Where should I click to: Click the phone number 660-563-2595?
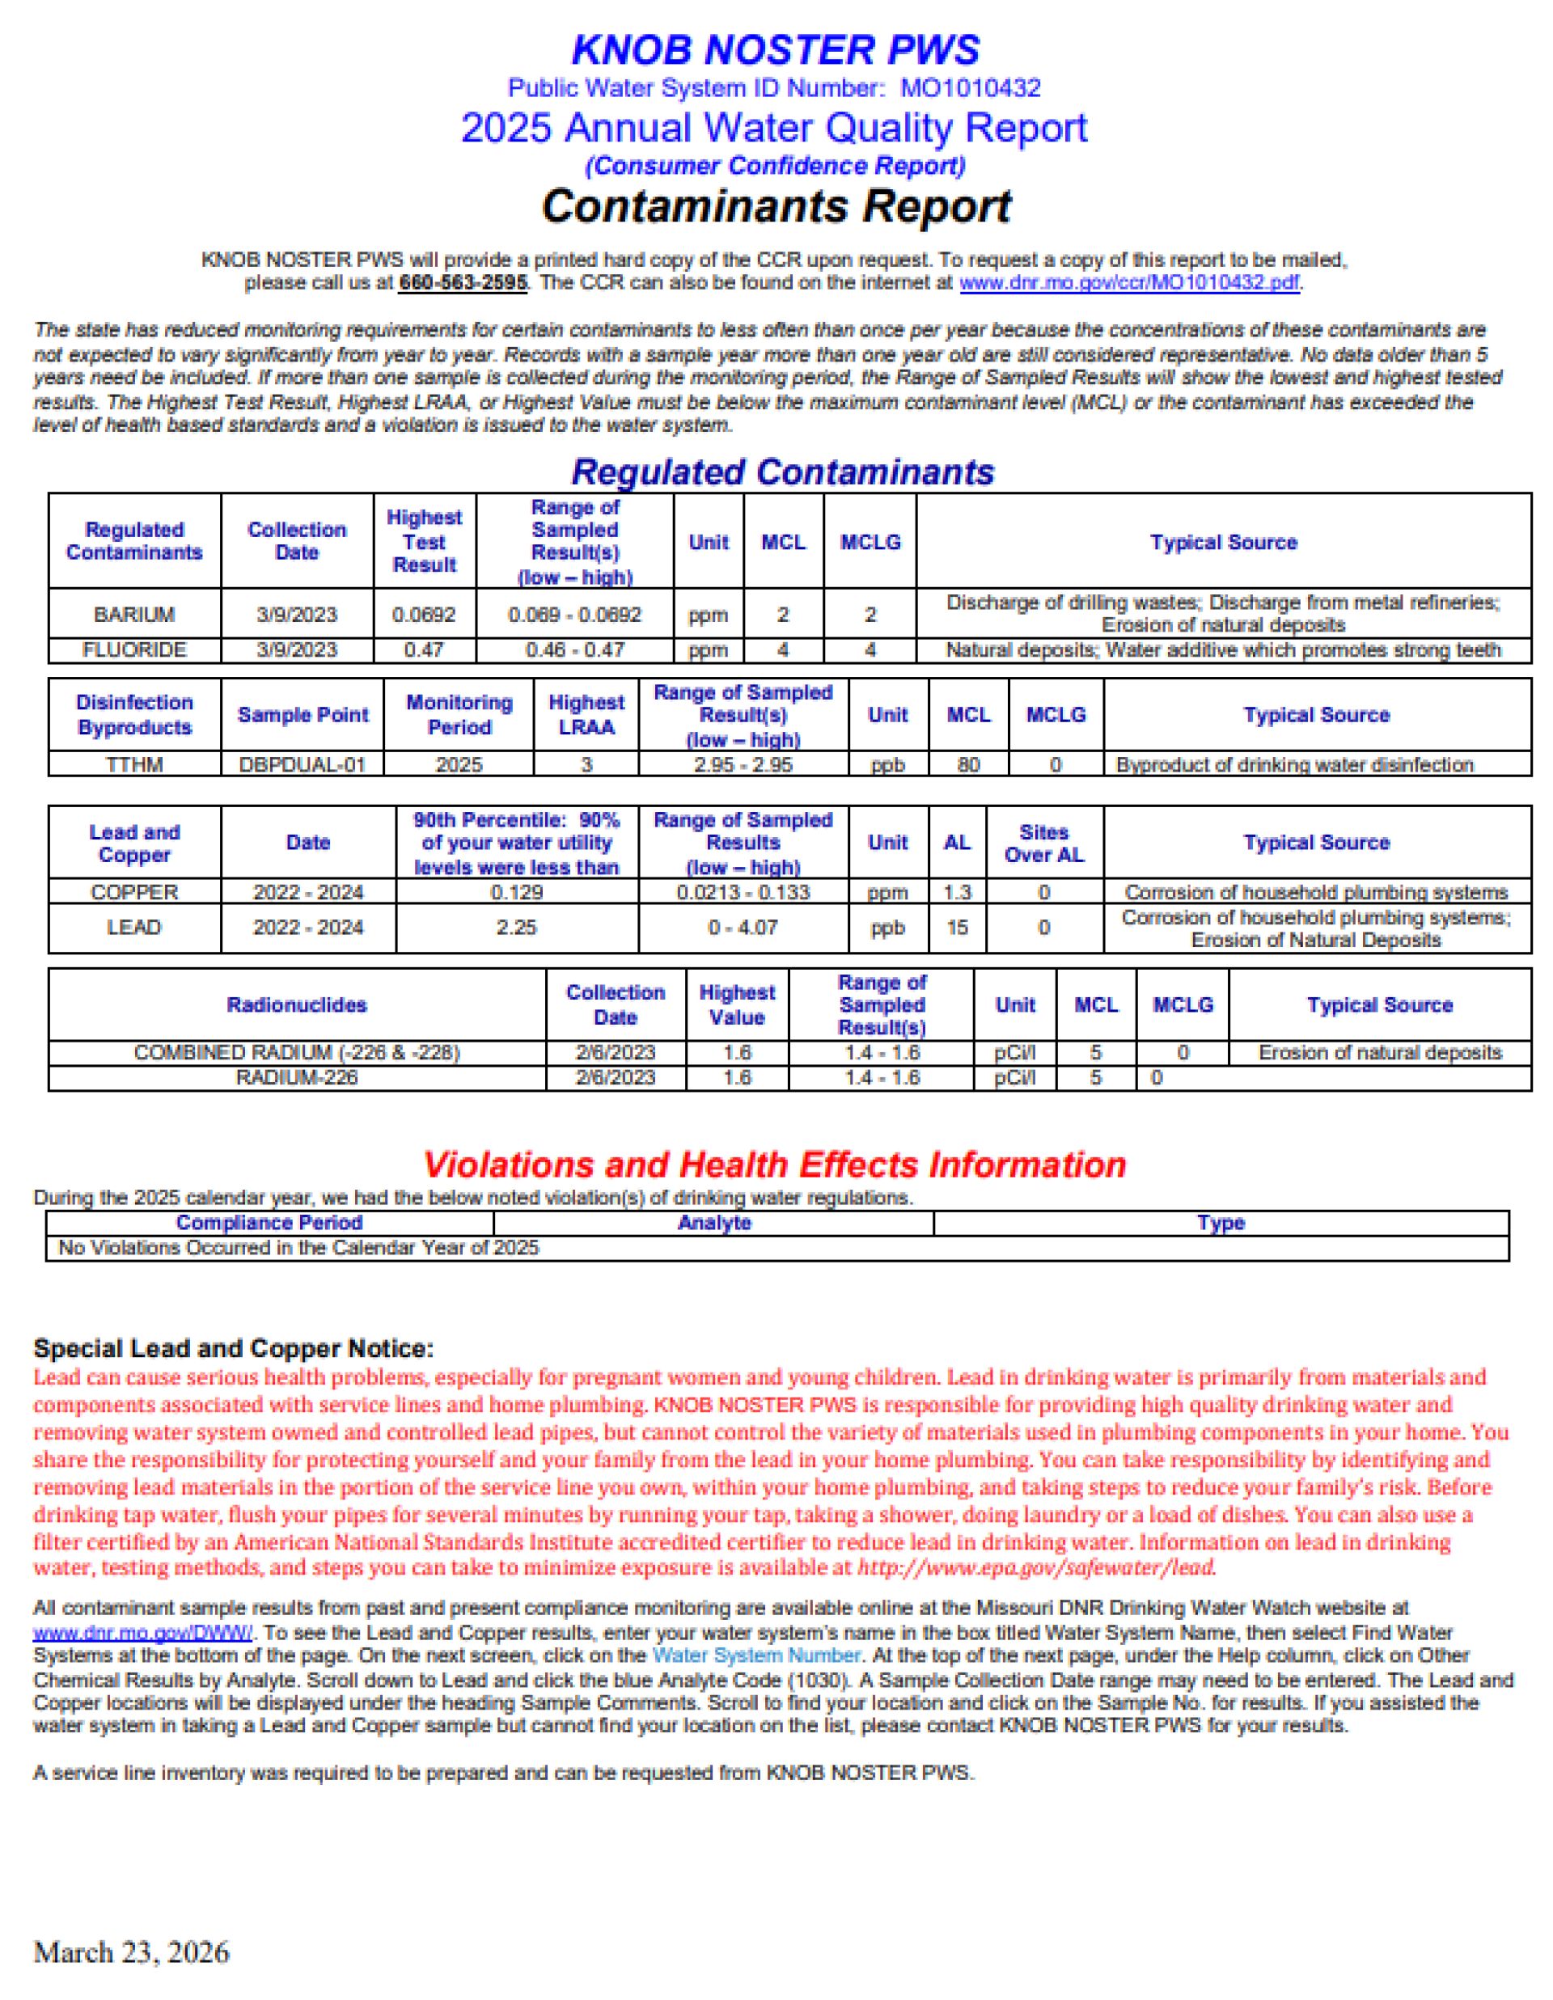point(463,283)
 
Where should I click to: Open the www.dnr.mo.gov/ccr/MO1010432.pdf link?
point(1128,283)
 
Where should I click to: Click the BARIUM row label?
point(133,615)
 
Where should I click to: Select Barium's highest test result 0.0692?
point(424,615)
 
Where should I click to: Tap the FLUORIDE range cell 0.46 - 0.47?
point(574,650)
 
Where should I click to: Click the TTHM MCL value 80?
point(968,764)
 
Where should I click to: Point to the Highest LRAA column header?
point(586,715)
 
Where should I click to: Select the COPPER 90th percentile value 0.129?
point(516,892)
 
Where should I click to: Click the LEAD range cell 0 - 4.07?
point(743,928)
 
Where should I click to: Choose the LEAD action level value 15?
point(956,928)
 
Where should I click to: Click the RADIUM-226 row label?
point(297,1078)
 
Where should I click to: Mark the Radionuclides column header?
point(297,1004)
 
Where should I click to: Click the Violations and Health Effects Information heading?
point(775,1165)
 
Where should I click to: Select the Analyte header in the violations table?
point(713,1223)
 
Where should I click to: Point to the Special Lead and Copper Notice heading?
point(234,1348)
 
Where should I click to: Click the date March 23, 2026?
point(131,1952)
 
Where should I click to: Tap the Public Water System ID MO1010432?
point(970,89)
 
